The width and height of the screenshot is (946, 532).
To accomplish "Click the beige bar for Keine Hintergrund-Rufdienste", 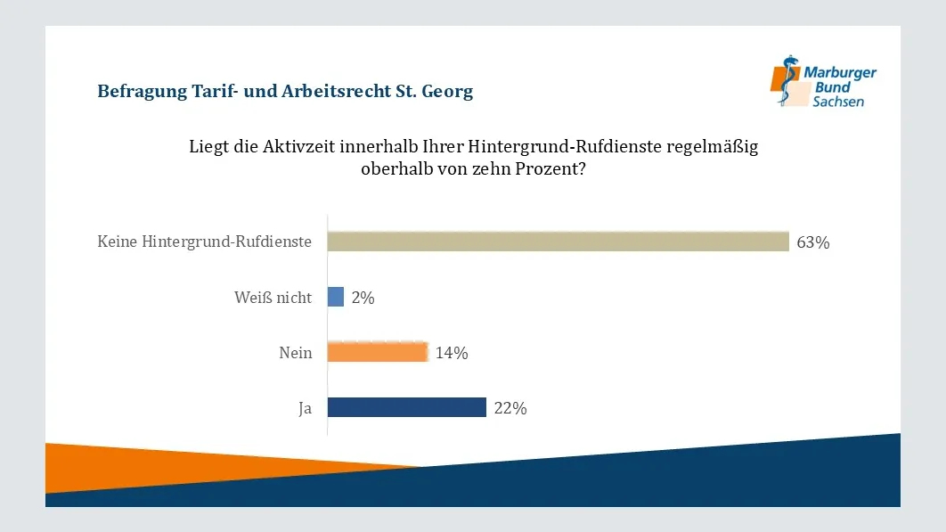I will coord(558,241).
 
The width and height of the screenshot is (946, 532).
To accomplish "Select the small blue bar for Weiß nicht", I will coord(336,297).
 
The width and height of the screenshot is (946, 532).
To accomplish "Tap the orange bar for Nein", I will coord(378,352).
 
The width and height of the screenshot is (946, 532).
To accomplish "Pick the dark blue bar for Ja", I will coord(406,407).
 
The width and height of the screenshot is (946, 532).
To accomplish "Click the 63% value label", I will coord(813,242).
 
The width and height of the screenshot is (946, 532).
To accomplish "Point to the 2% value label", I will coord(363,298).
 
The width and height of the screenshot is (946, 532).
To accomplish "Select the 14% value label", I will coord(452,353).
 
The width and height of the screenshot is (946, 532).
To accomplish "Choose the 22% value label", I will coord(510,408).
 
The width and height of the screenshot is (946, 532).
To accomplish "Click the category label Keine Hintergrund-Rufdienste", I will coord(205,242).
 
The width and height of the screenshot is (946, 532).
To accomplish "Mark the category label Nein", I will coord(296,353).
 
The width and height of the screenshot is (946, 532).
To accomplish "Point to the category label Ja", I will coord(306,408).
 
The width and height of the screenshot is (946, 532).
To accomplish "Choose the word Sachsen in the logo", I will coord(837,102).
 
